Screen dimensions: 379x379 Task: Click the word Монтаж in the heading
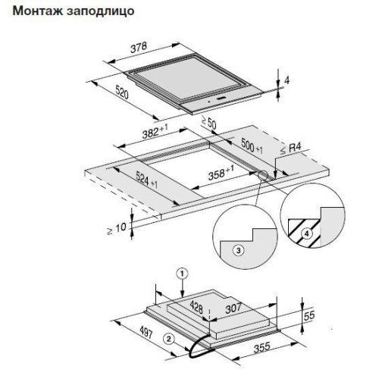(37, 11)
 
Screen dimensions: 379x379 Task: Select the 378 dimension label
(139, 48)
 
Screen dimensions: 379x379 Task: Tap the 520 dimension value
(122, 92)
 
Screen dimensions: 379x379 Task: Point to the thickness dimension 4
(287, 80)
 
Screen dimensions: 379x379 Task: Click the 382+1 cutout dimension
(155, 132)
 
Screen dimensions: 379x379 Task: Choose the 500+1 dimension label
(252, 146)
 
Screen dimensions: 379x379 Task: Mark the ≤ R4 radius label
(291, 149)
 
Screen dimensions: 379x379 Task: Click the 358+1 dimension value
(221, 173)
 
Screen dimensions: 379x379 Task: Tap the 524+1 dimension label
(146, 180)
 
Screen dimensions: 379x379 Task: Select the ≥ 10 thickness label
(117, 228)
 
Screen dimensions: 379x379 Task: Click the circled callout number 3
(239, 251)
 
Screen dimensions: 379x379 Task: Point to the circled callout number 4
(306, 233)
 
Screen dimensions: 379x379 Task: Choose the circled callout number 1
(183, 274)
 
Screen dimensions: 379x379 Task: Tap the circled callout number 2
(169, 339)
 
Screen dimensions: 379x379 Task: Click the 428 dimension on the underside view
(196, 307)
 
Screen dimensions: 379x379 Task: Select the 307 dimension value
(233, 308)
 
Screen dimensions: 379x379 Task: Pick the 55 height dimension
(309, 315)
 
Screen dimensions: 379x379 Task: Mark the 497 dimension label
(146, 332)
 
